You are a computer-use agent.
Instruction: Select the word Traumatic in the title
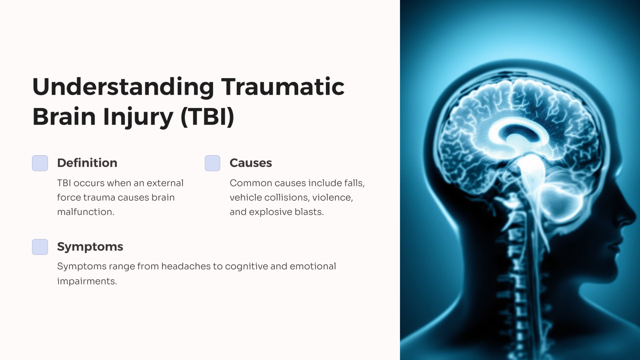pyautogui.click(x=282, y=87)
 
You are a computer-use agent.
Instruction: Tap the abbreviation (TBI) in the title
pyautogui.click(x=207, y=117)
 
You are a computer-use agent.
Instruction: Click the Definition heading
pyautogui.click(x=87, y=163)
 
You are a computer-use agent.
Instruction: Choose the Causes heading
pyautogui.click(x=251, y=163)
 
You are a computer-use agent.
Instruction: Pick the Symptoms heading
pyautogui.click(x=90, y=247)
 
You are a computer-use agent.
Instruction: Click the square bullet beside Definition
pyautogui.click(x=40, y=163)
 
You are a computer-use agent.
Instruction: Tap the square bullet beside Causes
pyautogui.click(x=212, y=163)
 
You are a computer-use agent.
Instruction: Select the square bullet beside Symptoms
pyautogui.click(x=40, y=247)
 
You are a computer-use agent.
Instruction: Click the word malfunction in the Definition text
pyautogui.click(x=85, y=212)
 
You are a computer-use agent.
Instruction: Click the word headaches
pyautogui.click(x=186, y=266)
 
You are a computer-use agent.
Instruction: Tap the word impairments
pyautogui.click(x=87, y=281)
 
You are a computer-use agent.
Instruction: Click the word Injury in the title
pyautogui.click(x=138, y=117)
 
